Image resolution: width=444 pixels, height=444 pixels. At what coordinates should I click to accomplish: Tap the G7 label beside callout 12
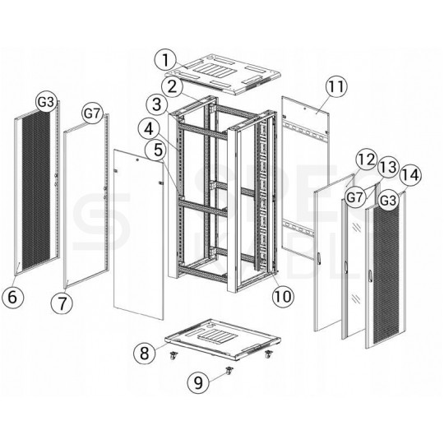[355, 197]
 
